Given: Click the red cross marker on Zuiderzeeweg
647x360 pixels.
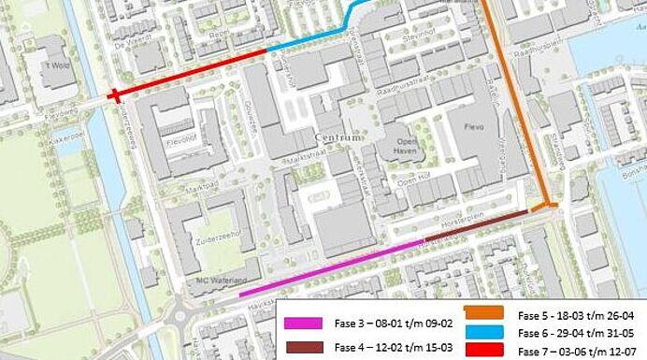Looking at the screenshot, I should coord(113,94).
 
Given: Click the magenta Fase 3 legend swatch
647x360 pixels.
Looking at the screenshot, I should coord(303,323).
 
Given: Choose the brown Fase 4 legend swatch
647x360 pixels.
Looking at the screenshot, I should coord(303,346).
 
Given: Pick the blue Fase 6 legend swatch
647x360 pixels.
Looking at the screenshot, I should coord(483,329).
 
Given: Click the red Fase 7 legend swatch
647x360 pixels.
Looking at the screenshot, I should coord(483,347).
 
